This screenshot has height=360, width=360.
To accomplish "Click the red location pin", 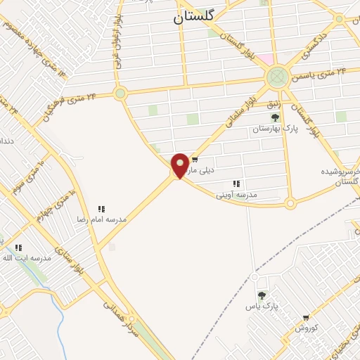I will [180, 165].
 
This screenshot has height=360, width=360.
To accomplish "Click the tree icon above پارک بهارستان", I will [275, 117].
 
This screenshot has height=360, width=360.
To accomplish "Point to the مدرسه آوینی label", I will [237, 194].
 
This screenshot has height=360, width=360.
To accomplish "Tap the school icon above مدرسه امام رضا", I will [101, 209].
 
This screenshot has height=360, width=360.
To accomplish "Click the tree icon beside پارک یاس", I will [262, 296].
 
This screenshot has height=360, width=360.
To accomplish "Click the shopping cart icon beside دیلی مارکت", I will [195, 160].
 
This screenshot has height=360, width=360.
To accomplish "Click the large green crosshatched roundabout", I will [277, 75].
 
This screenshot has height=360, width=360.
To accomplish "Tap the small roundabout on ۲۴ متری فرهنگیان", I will [120, 92].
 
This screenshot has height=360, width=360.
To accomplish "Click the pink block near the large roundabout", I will [264, 59].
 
